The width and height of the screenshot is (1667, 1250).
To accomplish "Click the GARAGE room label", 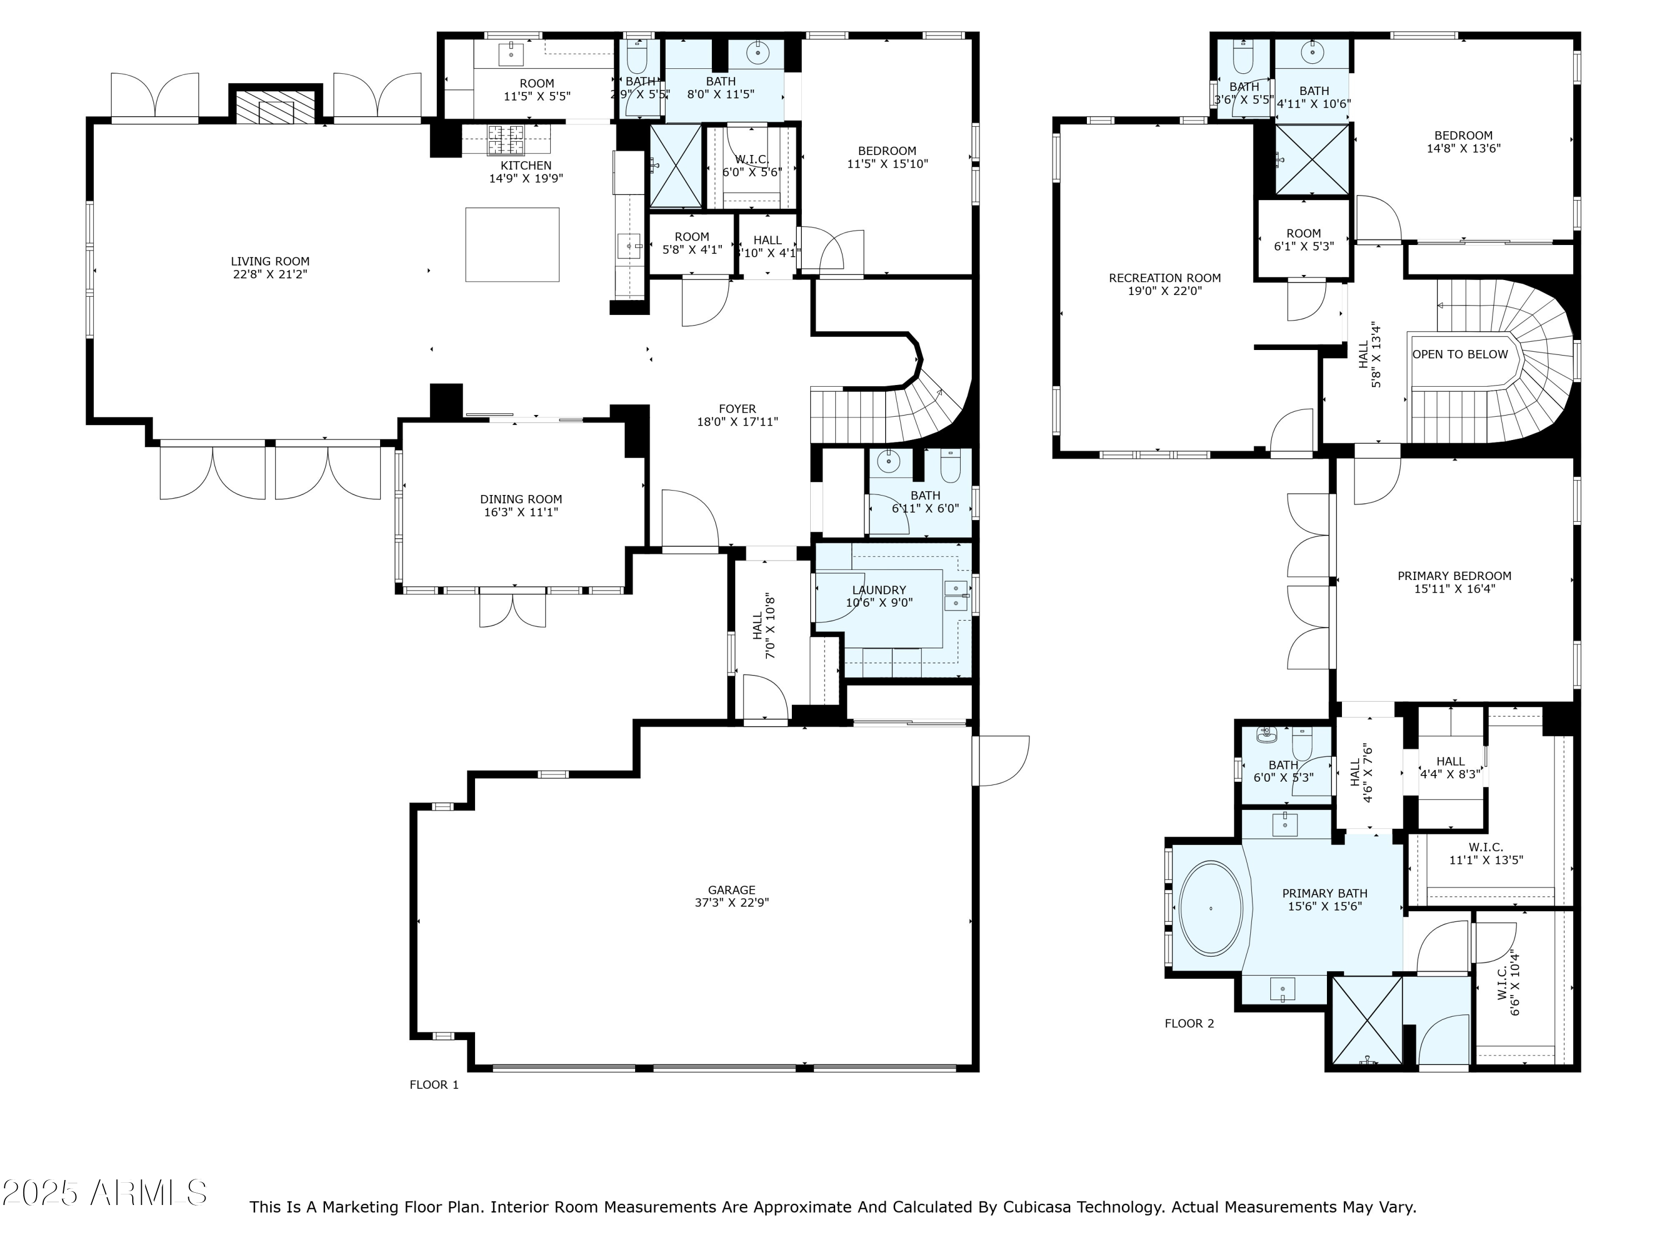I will pyautogui.click(x=731, y=890).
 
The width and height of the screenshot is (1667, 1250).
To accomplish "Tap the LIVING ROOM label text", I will pyautogui.click(x=270, y=262).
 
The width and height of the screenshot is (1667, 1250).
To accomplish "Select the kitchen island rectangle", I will pyautogui.click(x=512, y=245).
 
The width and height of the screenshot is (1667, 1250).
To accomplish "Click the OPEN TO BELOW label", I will pyautogui.click(x=1460, y=354).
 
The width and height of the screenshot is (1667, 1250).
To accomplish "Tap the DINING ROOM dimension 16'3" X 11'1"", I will pyautogui.click(x=521, y=512).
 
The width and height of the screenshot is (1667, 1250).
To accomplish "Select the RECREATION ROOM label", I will pyautogui.click(x=1164, y=278).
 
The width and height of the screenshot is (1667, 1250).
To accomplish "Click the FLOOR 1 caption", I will pyautogui.click(x=433, y=1085).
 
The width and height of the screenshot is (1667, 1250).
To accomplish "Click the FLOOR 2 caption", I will pyautogui.click(x=1189, y=1023).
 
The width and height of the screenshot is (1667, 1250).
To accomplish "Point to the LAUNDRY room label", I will pyautogui.click(x=879, y=590).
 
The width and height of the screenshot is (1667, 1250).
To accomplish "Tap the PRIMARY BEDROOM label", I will pyautogui.click(x=1454, y=576).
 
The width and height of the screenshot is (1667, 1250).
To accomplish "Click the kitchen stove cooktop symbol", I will pyautogui.click(x=506, y=139).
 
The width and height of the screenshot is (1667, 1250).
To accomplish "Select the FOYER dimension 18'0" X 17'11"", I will pyautogui.click(x=737, y=422).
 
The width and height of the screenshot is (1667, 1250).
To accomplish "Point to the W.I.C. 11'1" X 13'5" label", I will pyautogui.click(x=1485, y=854).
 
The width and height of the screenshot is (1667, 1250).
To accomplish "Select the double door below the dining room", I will pyautogui.click(x=512, y=611).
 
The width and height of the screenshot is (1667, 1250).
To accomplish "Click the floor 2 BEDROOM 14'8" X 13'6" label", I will pyautogui.click(x=1463, y=142).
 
